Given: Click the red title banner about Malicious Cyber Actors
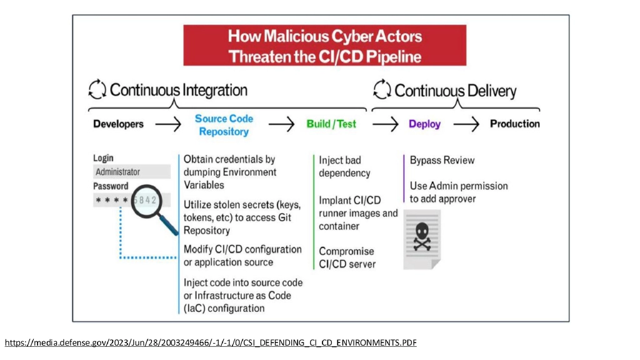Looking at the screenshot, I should coord(324,46).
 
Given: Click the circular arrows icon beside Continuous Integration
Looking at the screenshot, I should coord(97,90).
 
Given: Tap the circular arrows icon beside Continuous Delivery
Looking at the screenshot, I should coord(382,90).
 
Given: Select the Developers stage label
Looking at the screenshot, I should coord(118,124).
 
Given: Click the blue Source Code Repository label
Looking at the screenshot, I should coord(224,125).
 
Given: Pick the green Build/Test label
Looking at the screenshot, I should coord(331,124).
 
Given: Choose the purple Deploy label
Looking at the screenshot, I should coord(424,124).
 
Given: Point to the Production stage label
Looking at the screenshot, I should coord(514,124).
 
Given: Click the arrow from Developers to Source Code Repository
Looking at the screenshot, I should coord(168,124).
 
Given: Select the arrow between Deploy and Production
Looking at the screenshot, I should coord(466,124).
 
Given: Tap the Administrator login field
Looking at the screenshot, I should coord(132,172).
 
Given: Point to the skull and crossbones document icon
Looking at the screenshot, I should coord(422,239).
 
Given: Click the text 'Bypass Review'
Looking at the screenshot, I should coord(442,161).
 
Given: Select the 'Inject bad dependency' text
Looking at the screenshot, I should coord(344,167).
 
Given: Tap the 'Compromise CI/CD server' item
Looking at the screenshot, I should coord(347,257).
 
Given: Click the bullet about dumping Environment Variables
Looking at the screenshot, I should coord(229,172).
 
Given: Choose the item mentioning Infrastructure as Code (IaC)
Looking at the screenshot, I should coord(237,295).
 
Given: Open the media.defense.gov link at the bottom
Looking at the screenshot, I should coord(211,342).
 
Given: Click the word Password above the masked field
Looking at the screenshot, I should coord(111,186).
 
